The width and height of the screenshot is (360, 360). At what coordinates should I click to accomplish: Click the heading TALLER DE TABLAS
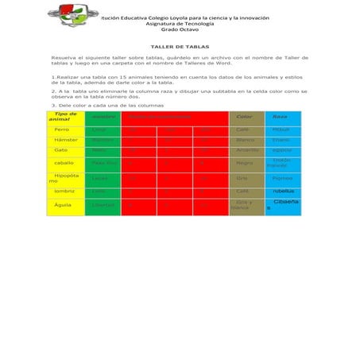click(179, 47)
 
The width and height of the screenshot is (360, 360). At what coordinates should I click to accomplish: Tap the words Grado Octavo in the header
click(180, 29)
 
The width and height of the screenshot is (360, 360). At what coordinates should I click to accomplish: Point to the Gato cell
click(60, 149)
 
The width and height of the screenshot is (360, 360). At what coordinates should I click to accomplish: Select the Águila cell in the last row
click(62, 205)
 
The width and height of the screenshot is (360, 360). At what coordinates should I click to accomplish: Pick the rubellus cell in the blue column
click(283, 192)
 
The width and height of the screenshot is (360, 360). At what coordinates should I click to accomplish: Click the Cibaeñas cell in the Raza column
click(284, 204)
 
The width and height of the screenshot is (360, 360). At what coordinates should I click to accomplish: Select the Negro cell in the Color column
click(244, 162)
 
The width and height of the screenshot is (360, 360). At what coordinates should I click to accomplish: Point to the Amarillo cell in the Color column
click(247, 149)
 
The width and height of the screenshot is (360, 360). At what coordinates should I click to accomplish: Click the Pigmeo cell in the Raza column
click(282, 178)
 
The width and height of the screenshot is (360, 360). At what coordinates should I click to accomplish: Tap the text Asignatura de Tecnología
click(180, 23)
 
